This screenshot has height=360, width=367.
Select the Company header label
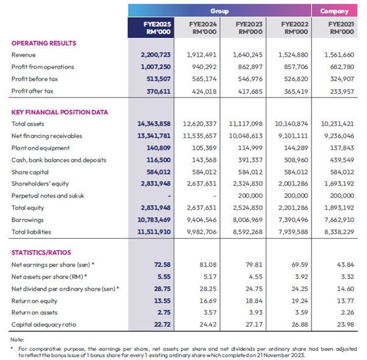coord(334,11)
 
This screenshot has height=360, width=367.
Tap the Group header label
coord(219,11)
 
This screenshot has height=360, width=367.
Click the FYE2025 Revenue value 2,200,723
coord(155,55)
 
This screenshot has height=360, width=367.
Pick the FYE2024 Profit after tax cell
coord(204,92)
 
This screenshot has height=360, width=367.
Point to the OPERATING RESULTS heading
coord(44,43)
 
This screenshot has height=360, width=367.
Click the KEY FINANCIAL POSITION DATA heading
coord(60,112)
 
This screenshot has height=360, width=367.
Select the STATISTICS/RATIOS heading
coord(41,253)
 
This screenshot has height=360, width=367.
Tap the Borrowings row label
coord(27,220)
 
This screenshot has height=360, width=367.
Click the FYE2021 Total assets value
coord(337,124)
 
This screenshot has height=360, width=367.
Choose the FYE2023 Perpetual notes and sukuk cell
coord(250,196)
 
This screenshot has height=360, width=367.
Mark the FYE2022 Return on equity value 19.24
coord(299,301)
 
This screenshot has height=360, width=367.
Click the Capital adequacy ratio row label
coord(44,325)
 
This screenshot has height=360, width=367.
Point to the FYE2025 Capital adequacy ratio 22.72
coord(162,325)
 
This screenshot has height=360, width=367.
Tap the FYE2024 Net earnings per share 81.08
coord(208,265)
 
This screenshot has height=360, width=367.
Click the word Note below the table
coord(17,340)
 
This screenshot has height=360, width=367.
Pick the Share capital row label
coord(30,172)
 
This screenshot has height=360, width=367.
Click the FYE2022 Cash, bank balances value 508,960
coord(296,160)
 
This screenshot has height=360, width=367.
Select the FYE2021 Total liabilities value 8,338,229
coord(339,232)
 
